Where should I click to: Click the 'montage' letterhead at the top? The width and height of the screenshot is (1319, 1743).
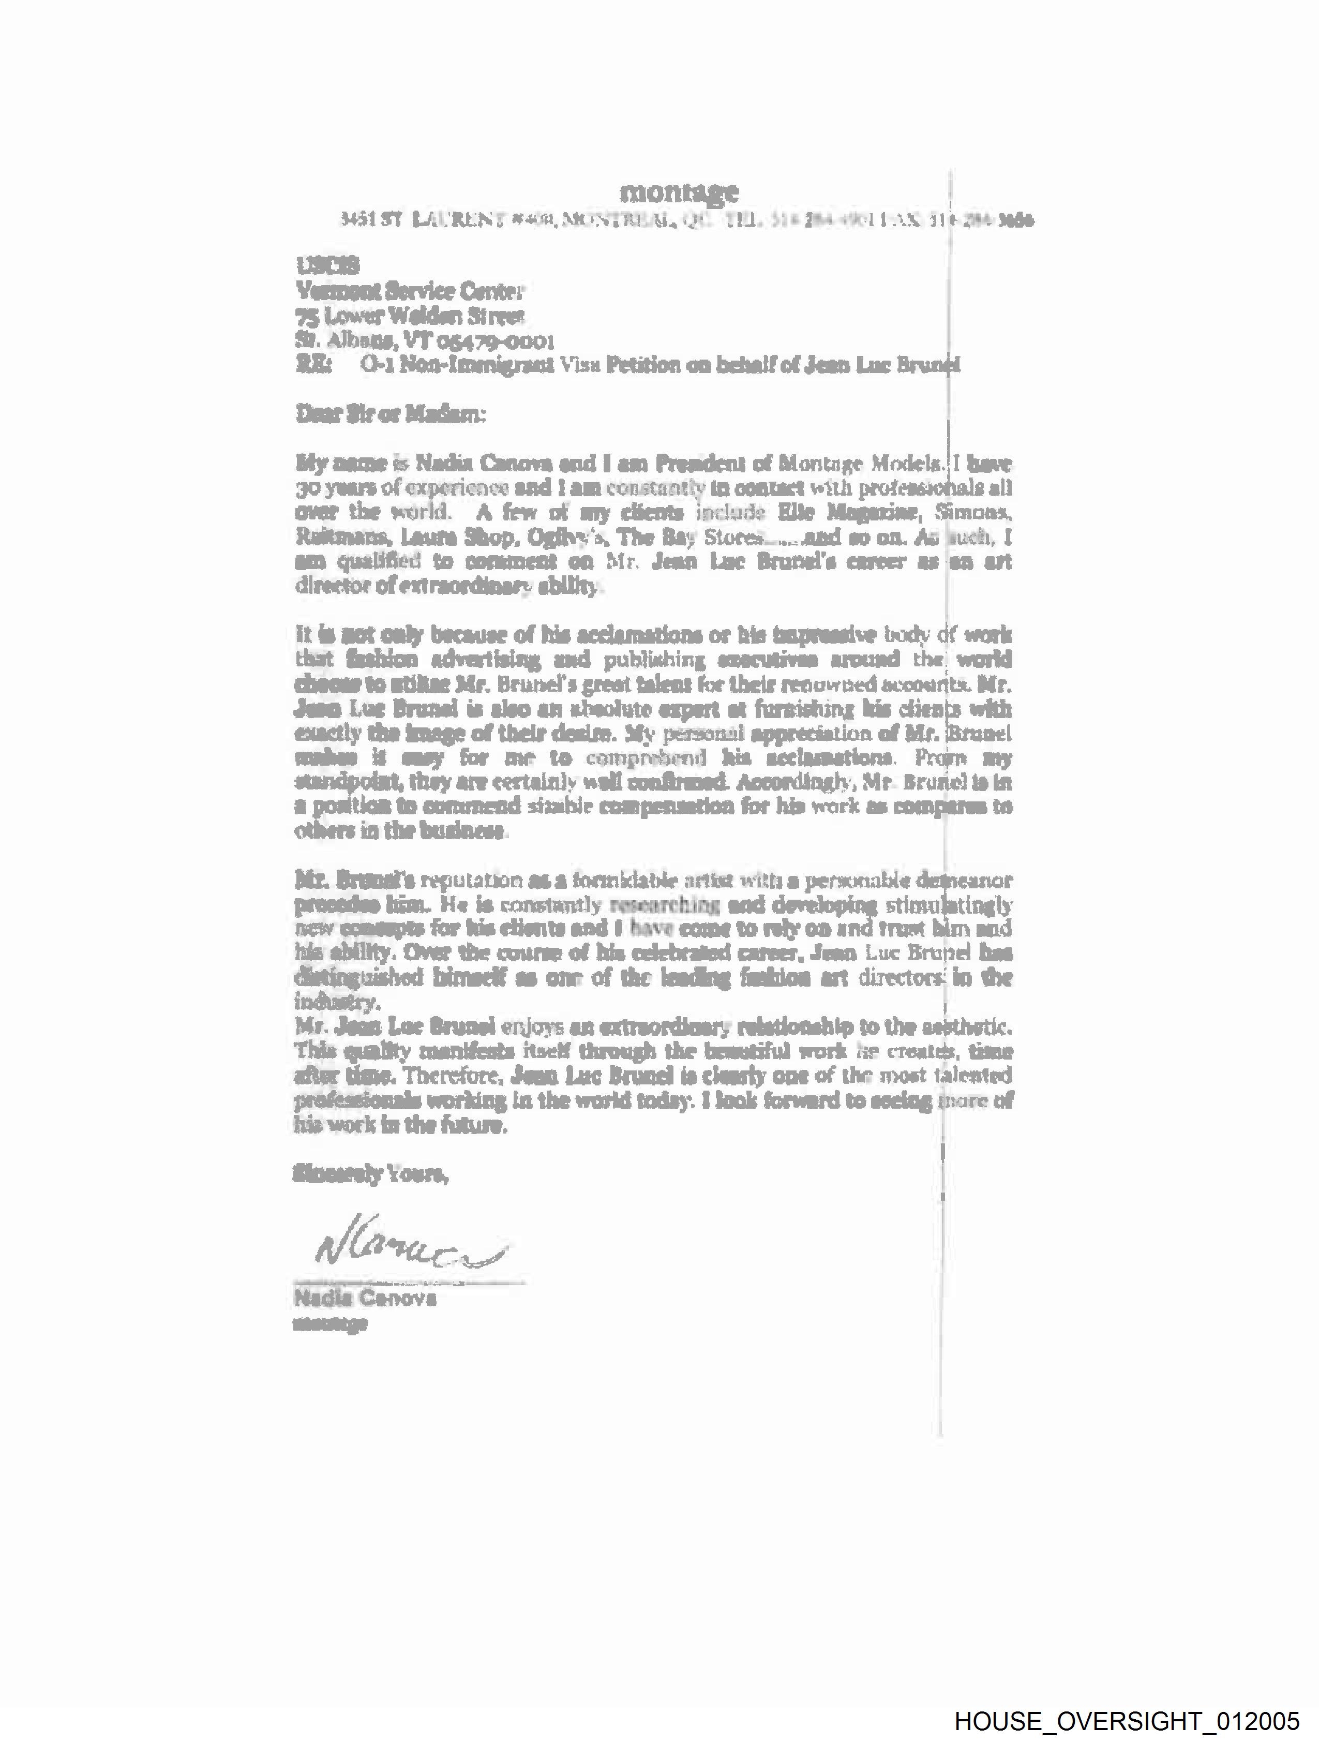(x=679, y=191)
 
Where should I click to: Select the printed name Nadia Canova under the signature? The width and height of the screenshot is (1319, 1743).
(x=364, y=1298)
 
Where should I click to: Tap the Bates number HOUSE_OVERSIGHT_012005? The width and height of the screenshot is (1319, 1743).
(x=1126, y=1720)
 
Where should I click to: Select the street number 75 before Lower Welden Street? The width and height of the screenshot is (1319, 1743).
(x=306, y=317)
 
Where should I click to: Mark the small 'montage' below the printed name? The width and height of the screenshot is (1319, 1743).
(x=330, y=1324)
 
